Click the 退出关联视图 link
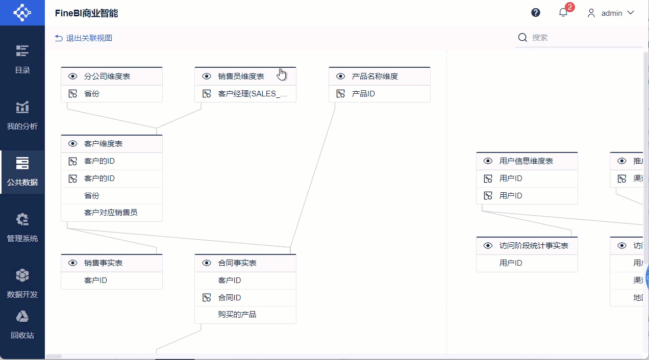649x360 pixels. pos(84,38)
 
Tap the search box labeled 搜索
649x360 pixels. pos(582,38)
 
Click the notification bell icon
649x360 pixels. pos(563,13)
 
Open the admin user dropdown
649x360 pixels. pos(611,13)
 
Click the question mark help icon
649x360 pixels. pos(536,13)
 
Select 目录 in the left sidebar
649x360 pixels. pos(22,59)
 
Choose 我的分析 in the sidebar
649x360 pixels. pos(22,115)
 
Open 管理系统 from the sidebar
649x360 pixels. pos(22,227)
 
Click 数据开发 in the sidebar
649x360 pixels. pos(22,284)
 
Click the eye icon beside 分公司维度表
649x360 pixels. pos(73,76)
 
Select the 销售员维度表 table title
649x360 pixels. pos(241,76)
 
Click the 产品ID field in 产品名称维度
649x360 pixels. pos(363,94)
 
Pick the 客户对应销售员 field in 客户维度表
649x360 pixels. pos(111,213)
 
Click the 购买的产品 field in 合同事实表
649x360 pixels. pos(237,315)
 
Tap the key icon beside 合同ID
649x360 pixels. pos(207,298)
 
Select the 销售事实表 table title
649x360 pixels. pos(103,263)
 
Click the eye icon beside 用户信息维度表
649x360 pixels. pos(488,161)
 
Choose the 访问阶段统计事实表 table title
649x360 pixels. pos(534,246)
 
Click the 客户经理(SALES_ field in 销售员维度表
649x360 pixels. pos(253,94)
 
